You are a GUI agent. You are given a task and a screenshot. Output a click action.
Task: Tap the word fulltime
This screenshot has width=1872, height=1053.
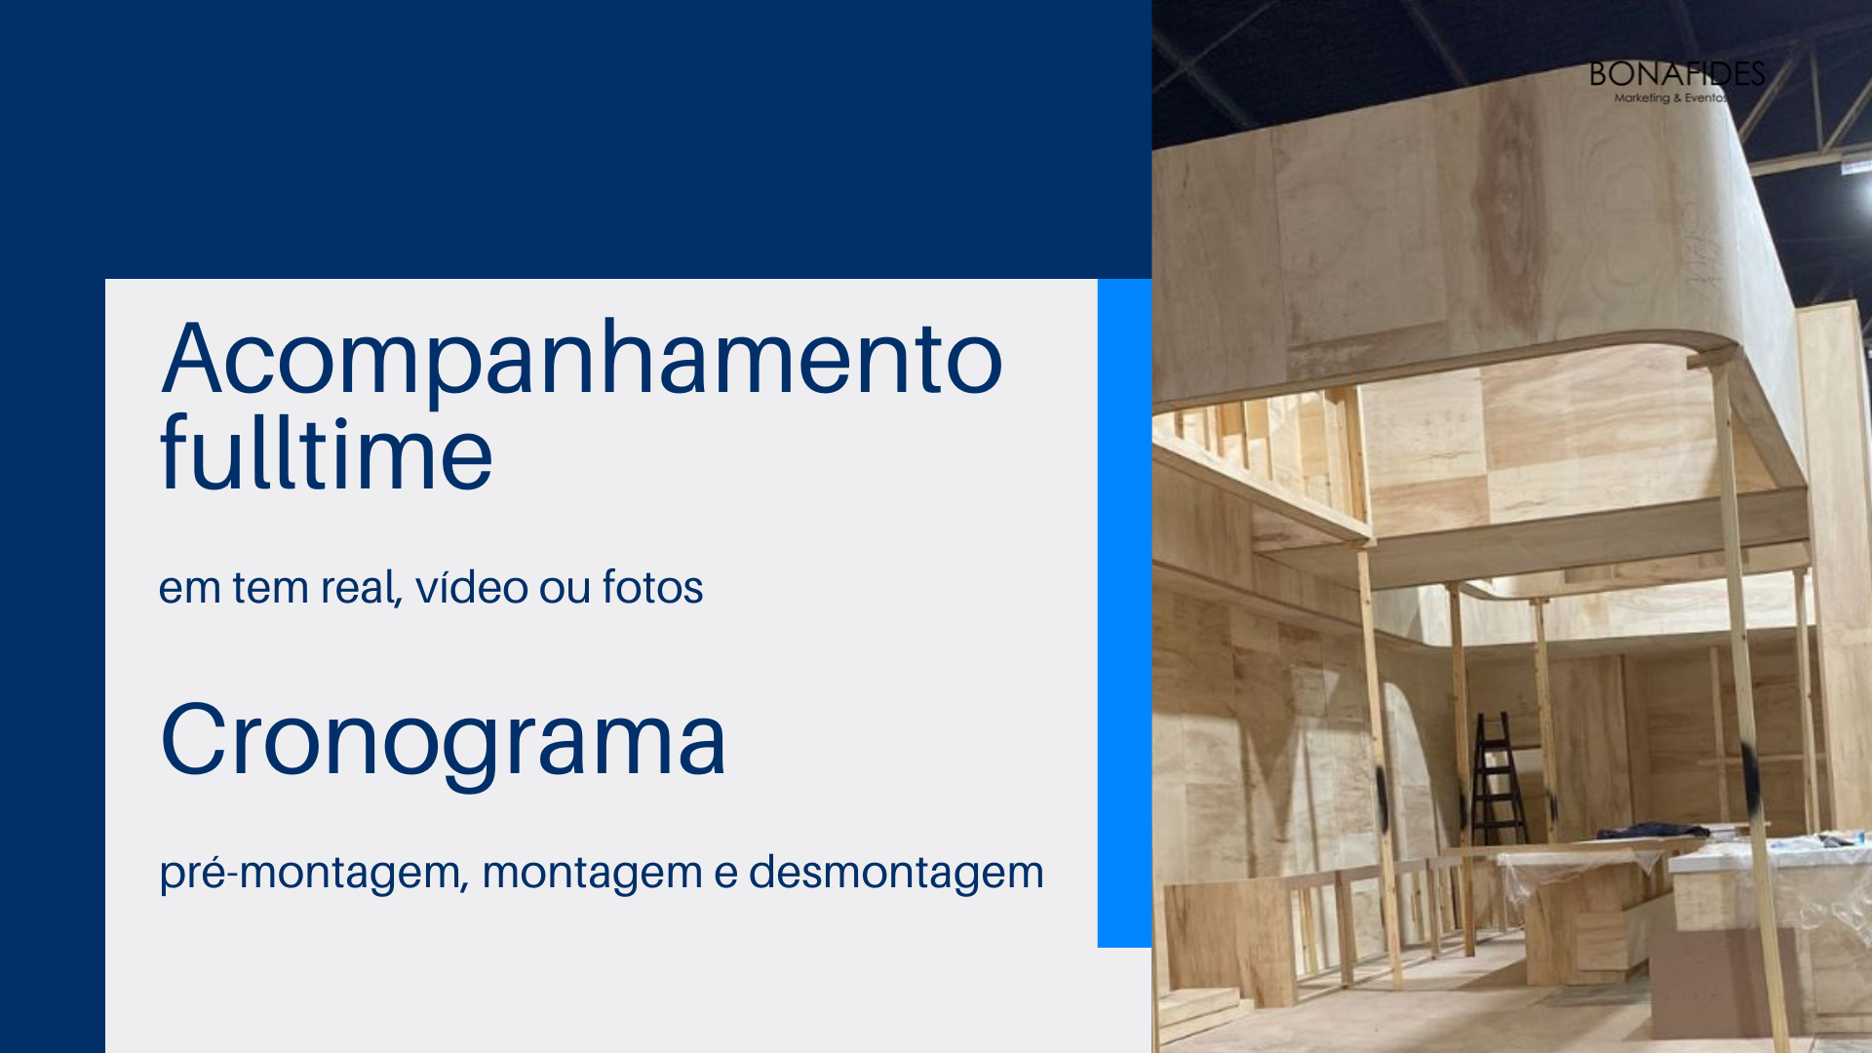pyautogui.click(x=327, y=451)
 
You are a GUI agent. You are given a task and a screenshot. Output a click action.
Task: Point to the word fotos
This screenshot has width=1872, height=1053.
pyautogui.click(x=652, y=587)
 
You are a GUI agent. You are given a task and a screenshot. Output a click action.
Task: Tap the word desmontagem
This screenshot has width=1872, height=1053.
pyautogui.click(x=896, y=872)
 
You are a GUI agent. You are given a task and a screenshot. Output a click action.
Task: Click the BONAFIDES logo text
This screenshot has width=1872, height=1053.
pyautogui.click(x=1677, y=74)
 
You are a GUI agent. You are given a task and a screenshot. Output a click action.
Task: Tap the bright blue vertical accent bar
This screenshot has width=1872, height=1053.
pyautogui.click(x=1124, y=613)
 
